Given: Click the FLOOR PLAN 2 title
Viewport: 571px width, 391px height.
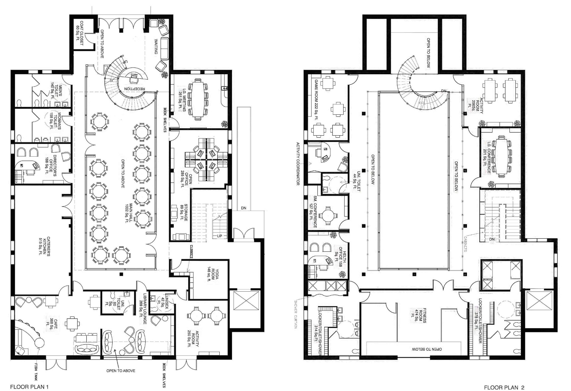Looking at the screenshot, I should [504, 387].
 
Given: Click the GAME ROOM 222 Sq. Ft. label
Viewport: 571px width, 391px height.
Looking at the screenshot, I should [316, 99].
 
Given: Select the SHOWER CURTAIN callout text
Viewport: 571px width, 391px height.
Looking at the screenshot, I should [296, 314].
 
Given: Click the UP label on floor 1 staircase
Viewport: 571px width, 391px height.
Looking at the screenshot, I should [219, 236].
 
